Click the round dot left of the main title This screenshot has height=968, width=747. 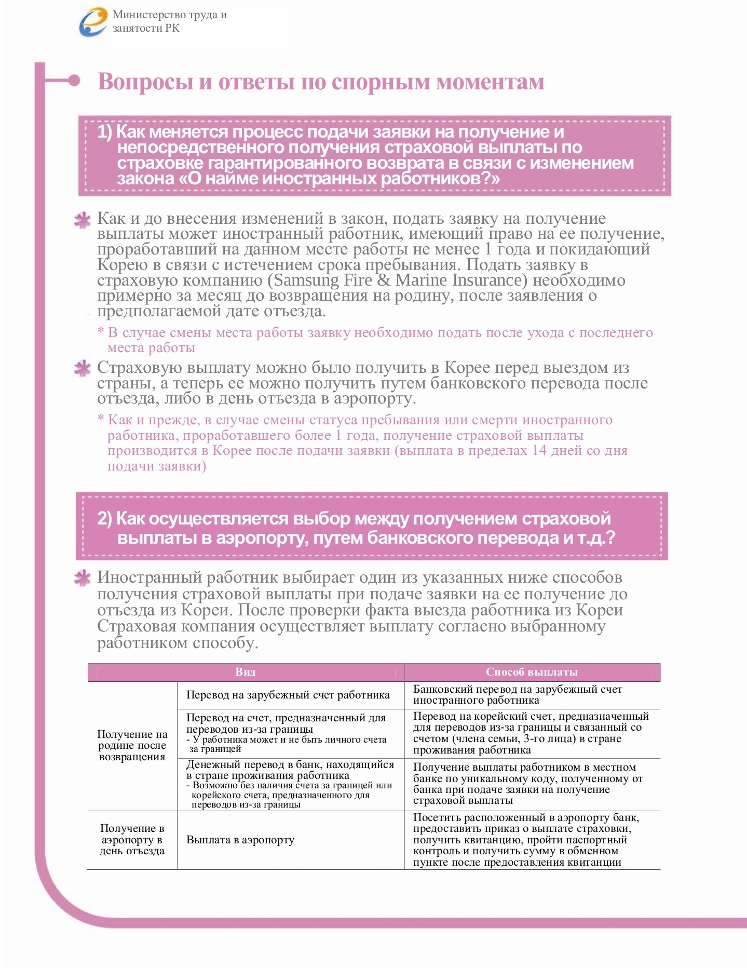pos(74,80)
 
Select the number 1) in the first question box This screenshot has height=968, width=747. pos(104,132)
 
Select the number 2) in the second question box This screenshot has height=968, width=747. pos(104,518)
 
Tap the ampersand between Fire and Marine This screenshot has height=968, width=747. pos(384,280)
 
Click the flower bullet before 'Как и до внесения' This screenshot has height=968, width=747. pos(82,220)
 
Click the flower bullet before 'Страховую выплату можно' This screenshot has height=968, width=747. pos(82,369)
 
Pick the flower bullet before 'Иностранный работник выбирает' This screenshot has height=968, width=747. pos(82,579)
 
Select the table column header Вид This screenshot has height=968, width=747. pos(246,672)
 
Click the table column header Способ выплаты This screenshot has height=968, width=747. pos(532,672)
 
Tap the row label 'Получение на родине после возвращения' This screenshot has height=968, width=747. pos(132,745)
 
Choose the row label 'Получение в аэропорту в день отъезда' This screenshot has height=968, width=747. pos(132,840)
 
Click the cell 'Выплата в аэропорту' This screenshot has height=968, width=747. pos(240,840)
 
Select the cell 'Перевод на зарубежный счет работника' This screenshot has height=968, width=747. pos(288,695)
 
